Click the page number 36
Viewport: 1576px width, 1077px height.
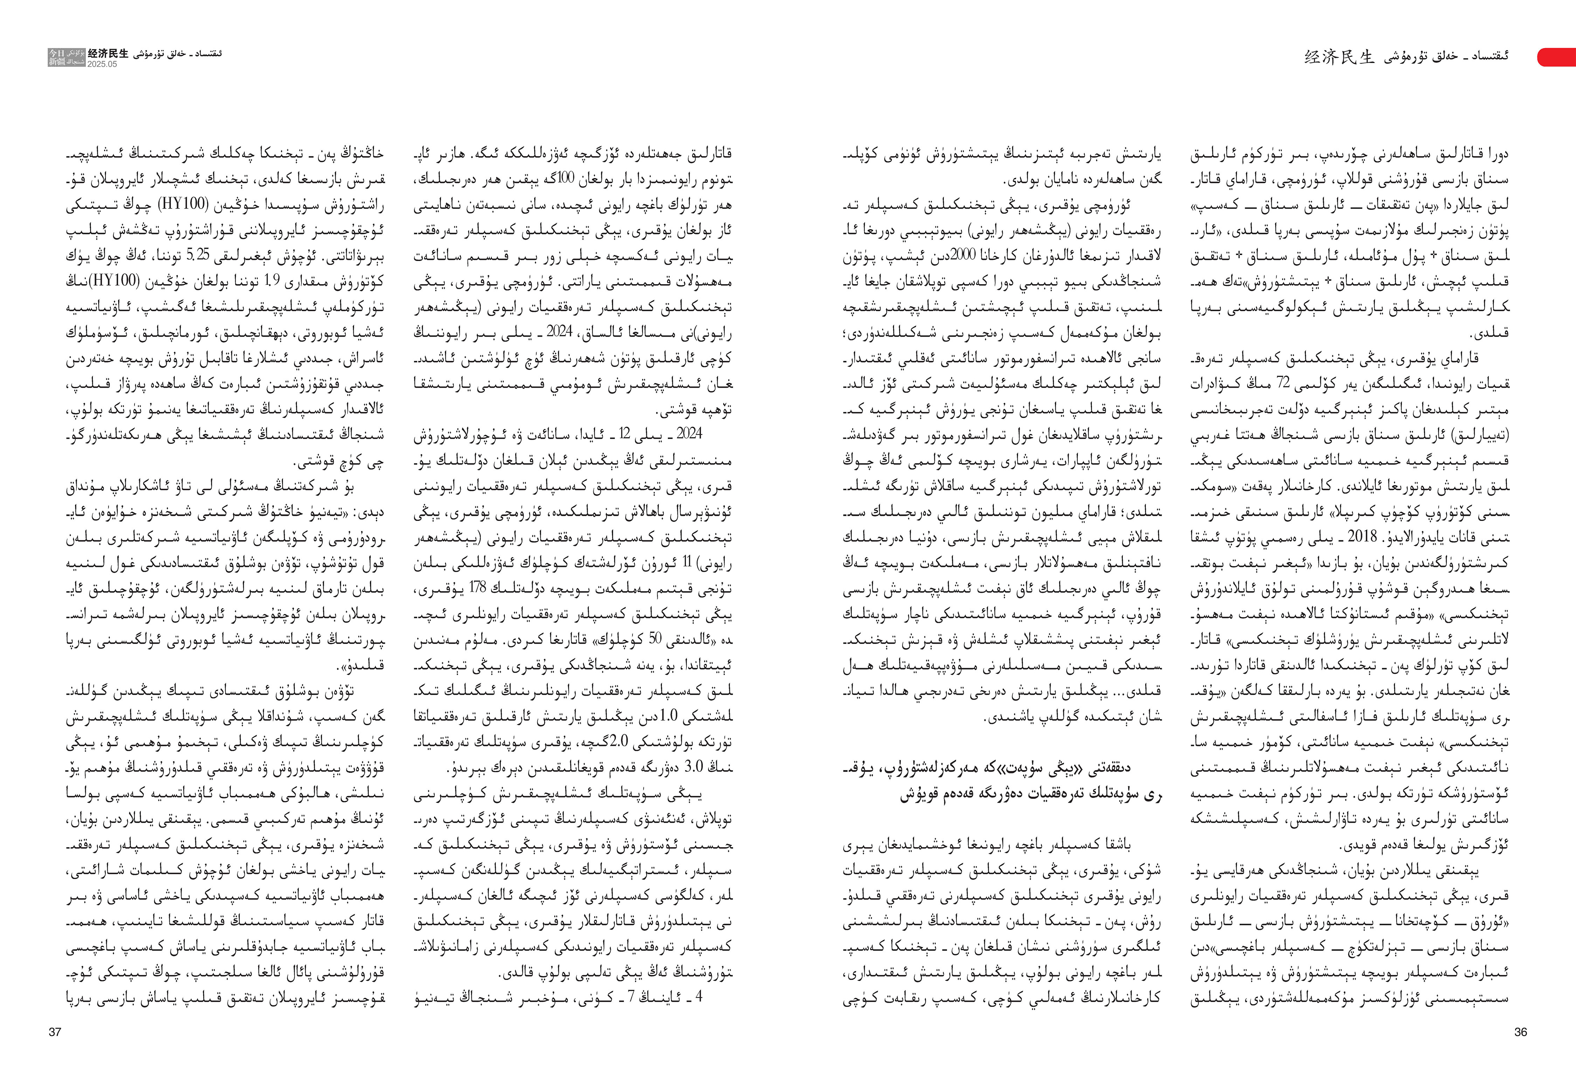1520,1032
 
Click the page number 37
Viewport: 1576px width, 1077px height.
55,1032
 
